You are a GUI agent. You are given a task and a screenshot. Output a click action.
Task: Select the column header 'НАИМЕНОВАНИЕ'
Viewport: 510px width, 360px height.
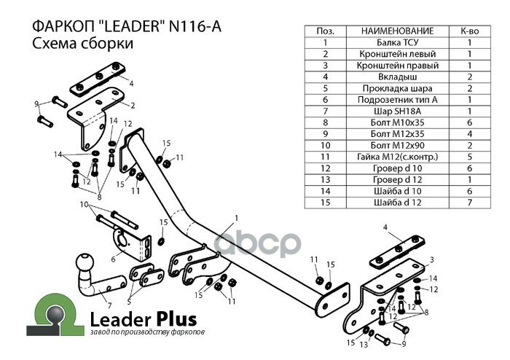point(397,31)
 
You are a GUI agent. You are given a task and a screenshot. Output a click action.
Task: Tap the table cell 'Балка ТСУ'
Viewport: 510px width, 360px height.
point(397,42)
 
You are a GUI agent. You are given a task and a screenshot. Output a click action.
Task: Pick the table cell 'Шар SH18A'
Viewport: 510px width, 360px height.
point(397,110)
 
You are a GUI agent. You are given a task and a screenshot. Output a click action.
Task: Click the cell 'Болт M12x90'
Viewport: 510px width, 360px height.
point(397,144)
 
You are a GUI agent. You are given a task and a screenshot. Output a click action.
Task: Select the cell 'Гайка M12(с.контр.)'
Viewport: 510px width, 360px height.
point(397,156)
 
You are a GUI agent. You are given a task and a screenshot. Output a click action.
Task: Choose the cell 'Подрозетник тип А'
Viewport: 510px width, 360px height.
point(397,99)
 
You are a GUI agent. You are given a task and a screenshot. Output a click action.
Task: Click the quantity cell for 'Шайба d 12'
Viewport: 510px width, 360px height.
point(470,201)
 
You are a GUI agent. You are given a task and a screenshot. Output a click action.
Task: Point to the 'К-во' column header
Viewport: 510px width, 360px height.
point(470,31)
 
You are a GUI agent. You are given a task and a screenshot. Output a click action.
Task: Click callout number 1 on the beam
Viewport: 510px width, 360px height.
point(236,217)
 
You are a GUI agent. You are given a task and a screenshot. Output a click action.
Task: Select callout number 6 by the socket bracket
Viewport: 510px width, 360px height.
point(113,258)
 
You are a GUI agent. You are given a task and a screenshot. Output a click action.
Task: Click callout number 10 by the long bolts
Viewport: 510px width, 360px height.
point(84,205)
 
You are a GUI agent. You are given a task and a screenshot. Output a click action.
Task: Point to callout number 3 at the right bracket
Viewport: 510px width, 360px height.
point(431,259)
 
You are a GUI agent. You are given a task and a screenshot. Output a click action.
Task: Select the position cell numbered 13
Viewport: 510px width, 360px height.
point(325,179)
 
